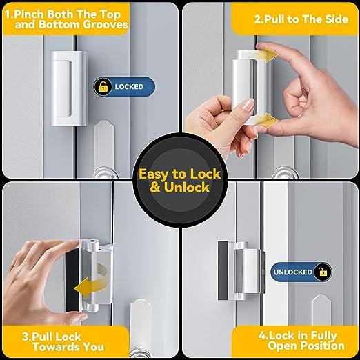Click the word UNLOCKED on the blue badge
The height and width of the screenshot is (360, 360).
point(290,272)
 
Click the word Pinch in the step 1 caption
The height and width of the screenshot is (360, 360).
point(39,12)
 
